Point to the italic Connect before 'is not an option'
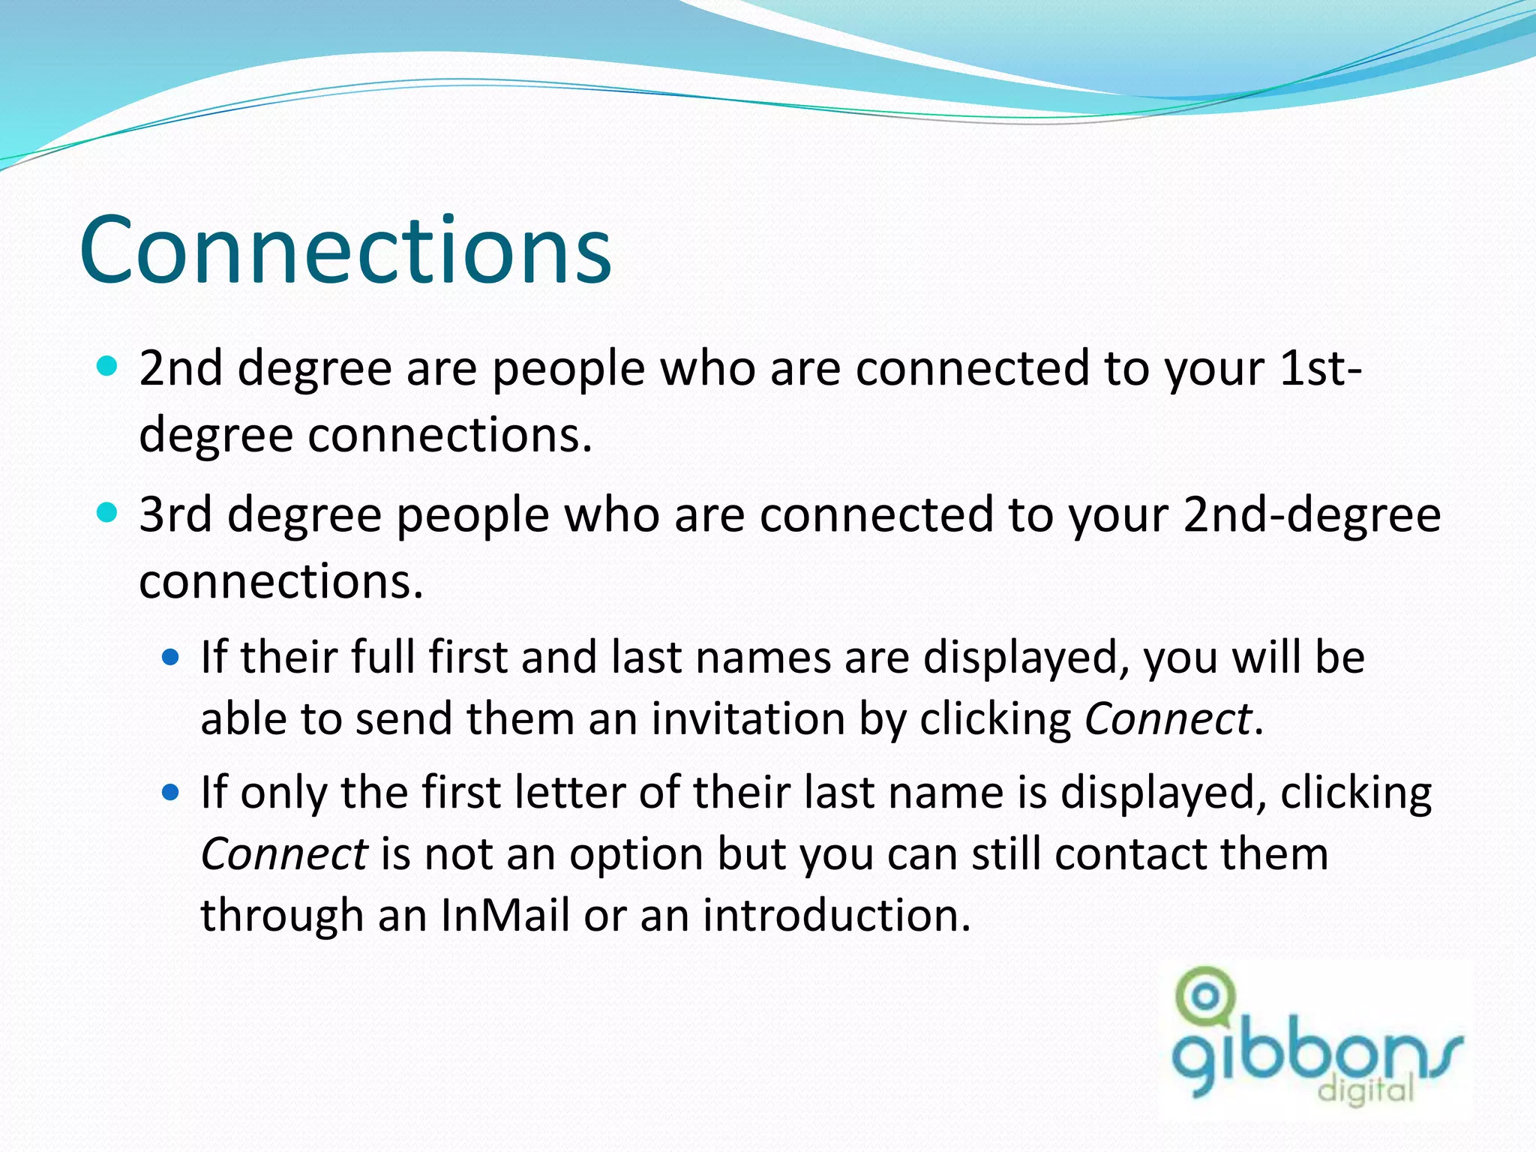(283, 853)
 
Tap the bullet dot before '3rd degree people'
(108, 514)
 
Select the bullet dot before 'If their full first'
(171, 658)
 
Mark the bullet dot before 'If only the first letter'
(171, 793)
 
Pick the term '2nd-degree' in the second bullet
(1312, 515)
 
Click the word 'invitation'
(748, 718)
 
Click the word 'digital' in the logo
(1366, 1089)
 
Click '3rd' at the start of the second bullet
(175, 515)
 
